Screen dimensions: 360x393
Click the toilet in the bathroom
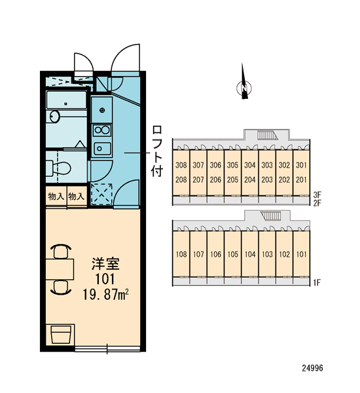[58, 168]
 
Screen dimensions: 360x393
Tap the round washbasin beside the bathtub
[54, 117]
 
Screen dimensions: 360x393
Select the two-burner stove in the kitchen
[101, 130]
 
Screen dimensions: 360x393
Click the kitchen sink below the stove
[102, 149]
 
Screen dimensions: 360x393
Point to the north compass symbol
[243, 82]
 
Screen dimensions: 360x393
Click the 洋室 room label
[105, 264]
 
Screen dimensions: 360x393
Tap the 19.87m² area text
[105, 294]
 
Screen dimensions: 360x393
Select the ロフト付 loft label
[157, 151]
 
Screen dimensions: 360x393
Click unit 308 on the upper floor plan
[181, 165]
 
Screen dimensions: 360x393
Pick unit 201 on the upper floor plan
[301, 179]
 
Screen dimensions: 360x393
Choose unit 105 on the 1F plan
[233, 254]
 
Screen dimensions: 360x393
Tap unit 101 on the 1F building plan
[301, 254]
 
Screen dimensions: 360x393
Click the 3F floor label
[317, 195]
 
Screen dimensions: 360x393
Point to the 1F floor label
[317, 283]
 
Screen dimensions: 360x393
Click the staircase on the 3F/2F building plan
[268, 135]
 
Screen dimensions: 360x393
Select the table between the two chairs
[60, 269]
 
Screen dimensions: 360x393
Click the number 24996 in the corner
[312, 368]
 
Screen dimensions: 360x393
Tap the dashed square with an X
[101, 193]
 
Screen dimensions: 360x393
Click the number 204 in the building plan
[250, 179]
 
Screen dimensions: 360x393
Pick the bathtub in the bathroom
[66, 100]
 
